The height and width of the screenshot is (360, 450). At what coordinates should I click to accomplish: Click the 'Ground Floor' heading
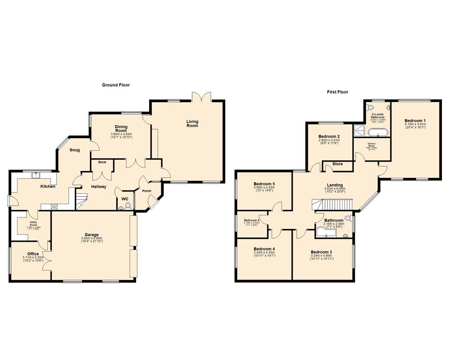(116, 85)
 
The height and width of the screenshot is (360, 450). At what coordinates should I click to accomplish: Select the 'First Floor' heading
(337, 92)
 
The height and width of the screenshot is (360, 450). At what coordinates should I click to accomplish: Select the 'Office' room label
(33, 254)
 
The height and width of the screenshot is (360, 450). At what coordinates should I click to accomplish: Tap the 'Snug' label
(75, 150)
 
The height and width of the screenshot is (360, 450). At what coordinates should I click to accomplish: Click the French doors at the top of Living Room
(201, 97)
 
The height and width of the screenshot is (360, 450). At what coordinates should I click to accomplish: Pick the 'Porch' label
(147, 190)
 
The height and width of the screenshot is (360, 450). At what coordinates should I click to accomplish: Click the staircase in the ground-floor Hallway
(81, 199)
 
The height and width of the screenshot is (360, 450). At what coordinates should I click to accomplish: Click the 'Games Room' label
(372, 144)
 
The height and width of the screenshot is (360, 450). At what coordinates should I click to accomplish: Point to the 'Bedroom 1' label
(415, 121)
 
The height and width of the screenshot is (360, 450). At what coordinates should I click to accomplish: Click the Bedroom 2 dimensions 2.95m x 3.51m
(328, 140)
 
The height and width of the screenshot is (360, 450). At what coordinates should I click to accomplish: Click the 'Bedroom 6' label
(252, 220)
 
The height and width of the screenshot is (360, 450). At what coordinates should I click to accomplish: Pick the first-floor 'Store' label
(337, 164)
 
